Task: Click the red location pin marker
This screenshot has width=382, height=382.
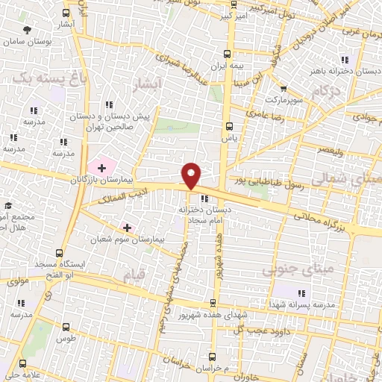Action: (x=192, y=175)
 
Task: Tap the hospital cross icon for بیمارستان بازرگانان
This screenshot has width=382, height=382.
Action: (x=101, y=167)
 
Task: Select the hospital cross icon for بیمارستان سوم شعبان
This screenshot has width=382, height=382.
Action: (x=128, y=227)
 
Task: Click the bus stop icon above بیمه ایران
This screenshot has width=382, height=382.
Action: (x=228, y=54)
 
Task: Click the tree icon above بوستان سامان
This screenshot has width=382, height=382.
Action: (x=28, y=30)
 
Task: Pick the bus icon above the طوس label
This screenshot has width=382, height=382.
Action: (x=66, y=327)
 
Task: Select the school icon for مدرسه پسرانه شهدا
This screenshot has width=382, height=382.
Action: (x=302, y=293)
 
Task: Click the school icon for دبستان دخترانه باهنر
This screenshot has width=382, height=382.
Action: (x=344, y=60)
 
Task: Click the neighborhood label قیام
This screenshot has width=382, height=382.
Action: (x=127, y=275)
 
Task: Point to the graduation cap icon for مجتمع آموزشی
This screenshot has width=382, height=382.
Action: (x=7, y=206)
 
